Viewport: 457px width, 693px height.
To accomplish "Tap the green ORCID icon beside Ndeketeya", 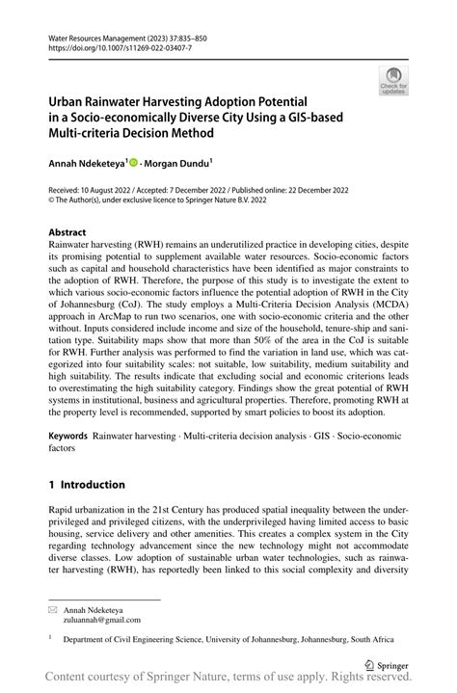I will [133, 163].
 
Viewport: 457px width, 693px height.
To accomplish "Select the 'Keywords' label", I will [68, 436].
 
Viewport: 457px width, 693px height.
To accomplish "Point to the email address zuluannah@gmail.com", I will [101, 621].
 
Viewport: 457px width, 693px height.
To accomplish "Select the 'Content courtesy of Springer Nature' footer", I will [228, 680].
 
